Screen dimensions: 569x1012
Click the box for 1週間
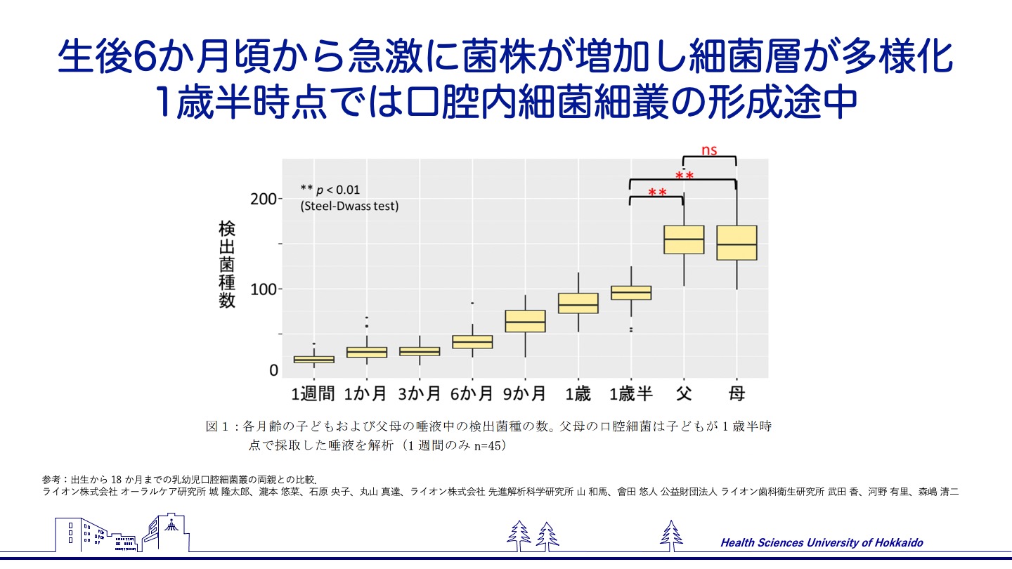tap(314, 359)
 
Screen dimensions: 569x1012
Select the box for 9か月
tap(526, 321)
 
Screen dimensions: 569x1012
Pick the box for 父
tap(684, 240)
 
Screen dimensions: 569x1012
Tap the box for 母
tap(737, 243)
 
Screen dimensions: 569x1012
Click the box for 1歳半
tap(631, 292)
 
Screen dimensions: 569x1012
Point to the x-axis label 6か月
tap(472, 394)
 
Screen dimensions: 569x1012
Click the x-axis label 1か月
tap(366, 394)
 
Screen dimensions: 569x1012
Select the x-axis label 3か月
tap(420, 394)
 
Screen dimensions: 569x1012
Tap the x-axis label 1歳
tap(578, 394)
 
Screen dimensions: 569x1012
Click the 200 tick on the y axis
tap(263, 199)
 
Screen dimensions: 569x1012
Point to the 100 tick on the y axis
tap(263, 289)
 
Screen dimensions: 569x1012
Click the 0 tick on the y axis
tap(274, 370)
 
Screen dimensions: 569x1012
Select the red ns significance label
tap(709, 150)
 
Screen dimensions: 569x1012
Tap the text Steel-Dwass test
tap(349, 207)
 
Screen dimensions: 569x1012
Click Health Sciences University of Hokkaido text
tap(822, 542)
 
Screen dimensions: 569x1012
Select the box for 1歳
tap(578, 303)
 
